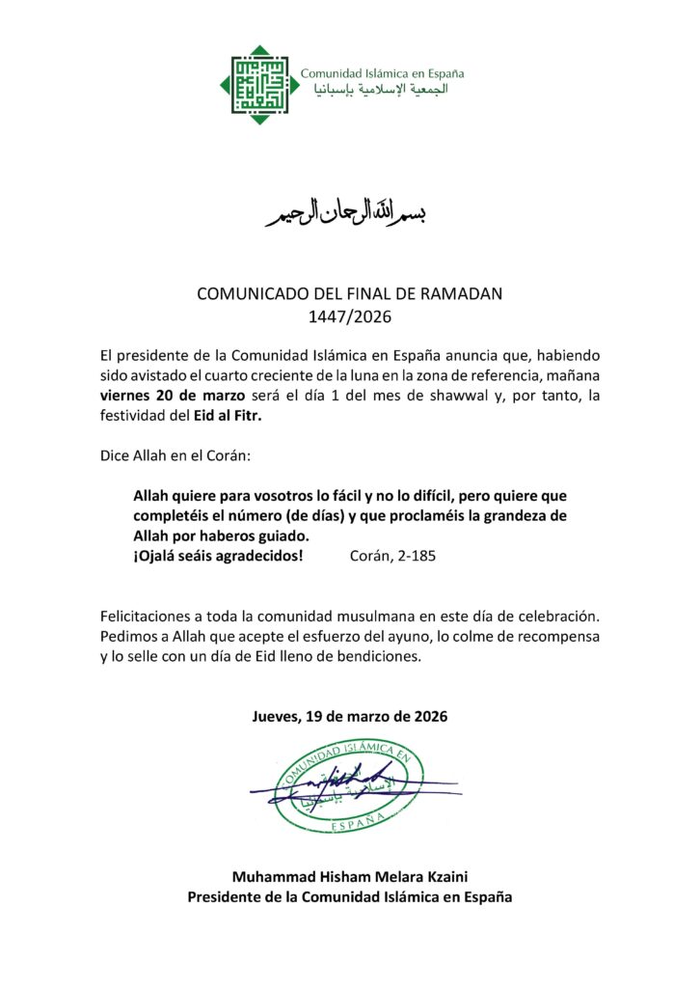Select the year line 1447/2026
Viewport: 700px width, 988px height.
pos(349,315)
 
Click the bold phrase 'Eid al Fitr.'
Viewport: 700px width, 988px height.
pos(229,417)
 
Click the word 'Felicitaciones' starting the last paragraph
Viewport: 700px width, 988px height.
pos(148,615)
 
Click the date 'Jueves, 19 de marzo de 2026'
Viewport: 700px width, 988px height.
pos(350,717)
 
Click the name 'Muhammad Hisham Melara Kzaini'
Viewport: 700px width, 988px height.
pos(349,876)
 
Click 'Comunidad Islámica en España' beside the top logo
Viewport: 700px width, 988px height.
pos(383,73)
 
